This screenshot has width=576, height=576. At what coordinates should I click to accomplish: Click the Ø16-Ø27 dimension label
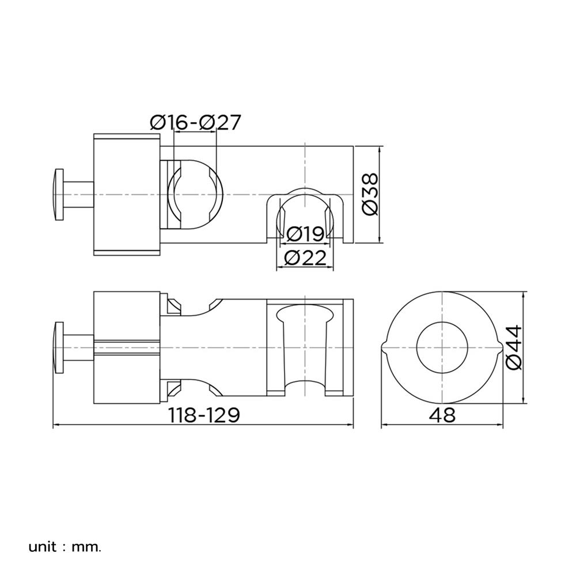pyautogui.click(x=195, y=122)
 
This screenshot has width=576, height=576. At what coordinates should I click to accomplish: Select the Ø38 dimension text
pyautogui.click(x=370, y=194)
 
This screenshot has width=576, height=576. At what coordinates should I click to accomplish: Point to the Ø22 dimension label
pyautogui.click(x=305, y=258)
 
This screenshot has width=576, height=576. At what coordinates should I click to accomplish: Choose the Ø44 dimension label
pyautogui.click(x=514, y=347)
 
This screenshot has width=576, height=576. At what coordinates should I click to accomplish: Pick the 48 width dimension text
pyautogui.click(x=442, y=415)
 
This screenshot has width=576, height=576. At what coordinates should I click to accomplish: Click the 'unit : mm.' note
pyautogui.click(x=65, y=547)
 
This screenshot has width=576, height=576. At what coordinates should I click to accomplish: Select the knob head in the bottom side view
pyautogui.click(x=59, y=347)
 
